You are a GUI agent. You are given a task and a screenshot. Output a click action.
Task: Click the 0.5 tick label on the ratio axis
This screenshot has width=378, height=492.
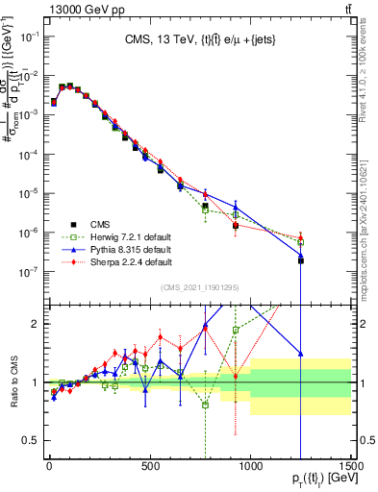(x=32, y=440)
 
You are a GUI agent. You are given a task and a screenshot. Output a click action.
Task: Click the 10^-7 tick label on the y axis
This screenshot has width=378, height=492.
(x=29, y=272)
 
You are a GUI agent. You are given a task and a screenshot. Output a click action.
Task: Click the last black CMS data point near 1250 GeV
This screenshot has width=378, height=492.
(x=300, y=260)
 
